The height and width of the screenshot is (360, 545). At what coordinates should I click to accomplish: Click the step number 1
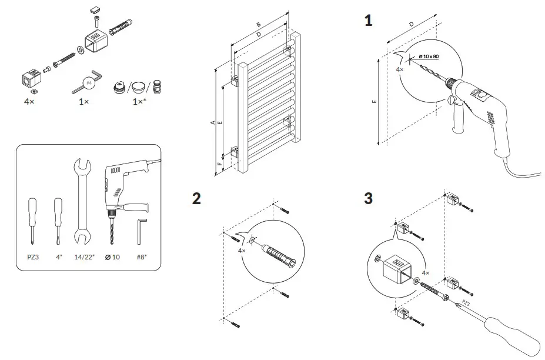368,21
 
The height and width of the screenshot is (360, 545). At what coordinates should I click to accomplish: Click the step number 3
368,198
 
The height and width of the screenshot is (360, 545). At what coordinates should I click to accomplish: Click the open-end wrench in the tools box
82,201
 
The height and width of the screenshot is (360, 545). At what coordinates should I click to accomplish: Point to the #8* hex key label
141,257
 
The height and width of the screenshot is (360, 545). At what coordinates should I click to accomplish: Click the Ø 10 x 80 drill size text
429,56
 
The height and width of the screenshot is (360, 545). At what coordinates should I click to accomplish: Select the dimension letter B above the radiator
259,25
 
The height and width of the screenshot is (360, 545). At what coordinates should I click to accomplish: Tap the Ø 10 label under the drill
112,257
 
